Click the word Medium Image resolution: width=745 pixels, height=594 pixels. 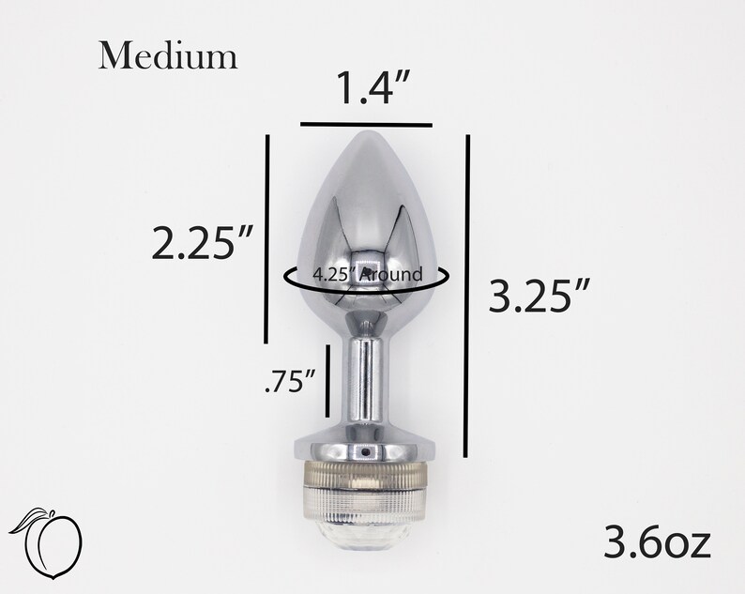click(168, 56)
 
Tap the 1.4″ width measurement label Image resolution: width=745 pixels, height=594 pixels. click(372, 88)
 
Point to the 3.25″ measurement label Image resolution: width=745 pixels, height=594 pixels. click(540, 296)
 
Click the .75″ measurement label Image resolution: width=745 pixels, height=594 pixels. click(290, 382)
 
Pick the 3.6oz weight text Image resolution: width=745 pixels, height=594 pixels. click(657, 542)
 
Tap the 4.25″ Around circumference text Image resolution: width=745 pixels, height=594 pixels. click(367, 274)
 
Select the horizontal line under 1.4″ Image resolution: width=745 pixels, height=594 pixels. click(366, 125)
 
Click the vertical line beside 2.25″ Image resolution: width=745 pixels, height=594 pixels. click(267, 239)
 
